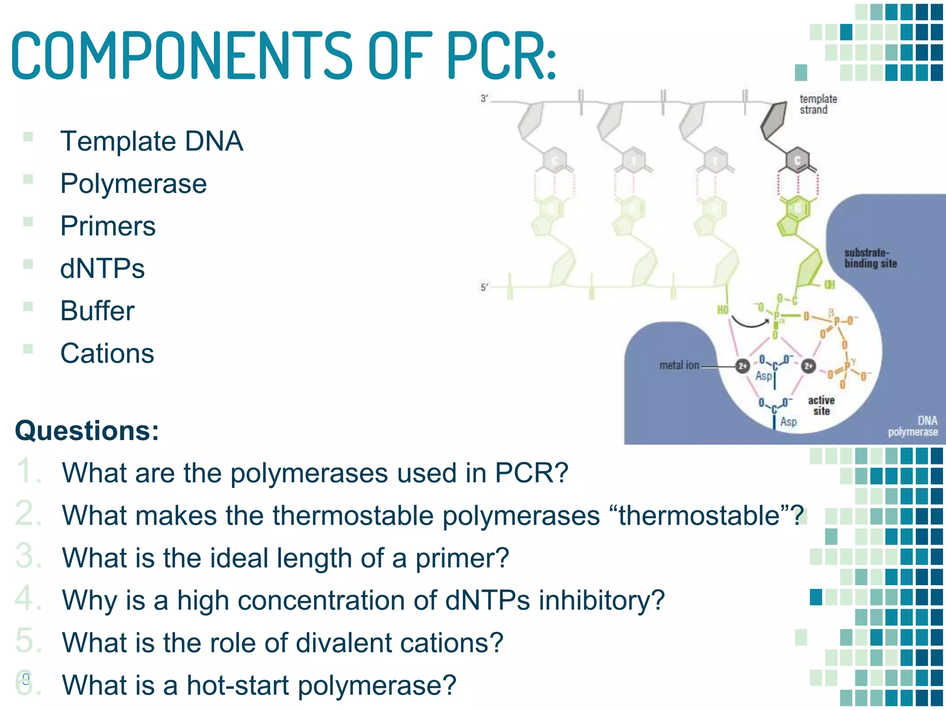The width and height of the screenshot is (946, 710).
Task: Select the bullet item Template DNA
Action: point(152,141)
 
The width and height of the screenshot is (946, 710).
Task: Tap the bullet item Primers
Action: point(108,226)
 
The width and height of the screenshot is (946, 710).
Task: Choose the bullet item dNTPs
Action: point(103,269)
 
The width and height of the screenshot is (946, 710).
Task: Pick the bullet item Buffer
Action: point(97,311)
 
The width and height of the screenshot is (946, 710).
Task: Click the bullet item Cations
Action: point(107,354)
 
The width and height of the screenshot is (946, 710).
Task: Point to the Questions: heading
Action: point(87,431)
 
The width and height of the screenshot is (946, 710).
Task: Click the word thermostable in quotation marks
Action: point(699,515)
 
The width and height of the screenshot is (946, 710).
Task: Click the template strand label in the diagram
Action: point(818,104)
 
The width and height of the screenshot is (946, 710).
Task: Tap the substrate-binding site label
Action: point(870,258)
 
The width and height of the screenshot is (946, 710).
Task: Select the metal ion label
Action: point(679,366)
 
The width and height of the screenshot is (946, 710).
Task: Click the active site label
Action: point(821,405)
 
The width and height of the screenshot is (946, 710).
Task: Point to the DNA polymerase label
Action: point(913,426)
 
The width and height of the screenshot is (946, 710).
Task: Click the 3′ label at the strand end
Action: point(484,98)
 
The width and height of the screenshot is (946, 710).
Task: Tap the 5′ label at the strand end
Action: point(484,288)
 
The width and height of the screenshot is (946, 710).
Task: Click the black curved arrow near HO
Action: point(750,322)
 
